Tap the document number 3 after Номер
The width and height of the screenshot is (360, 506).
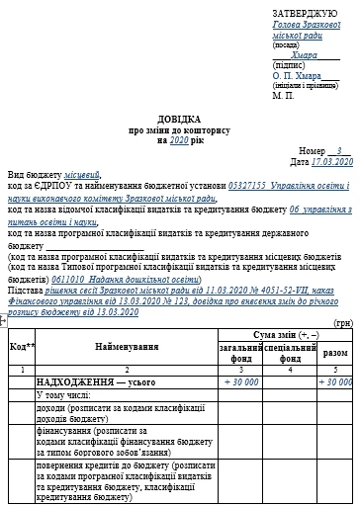(338, 149)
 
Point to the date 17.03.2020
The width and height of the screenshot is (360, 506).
(331, 160)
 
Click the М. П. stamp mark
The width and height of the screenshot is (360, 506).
(284, 95)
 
